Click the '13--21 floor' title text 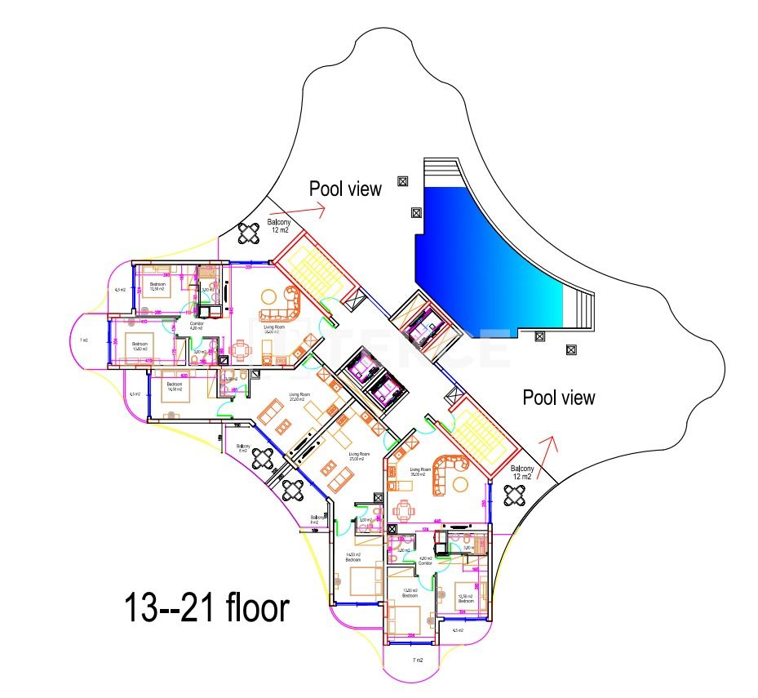click(206, 608)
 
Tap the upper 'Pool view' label click(345, 189)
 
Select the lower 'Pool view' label click(559, 398)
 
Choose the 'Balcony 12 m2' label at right click(522, 473)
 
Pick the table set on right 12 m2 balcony click(516, 495)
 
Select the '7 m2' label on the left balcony click(84, 340)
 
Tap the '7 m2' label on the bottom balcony click(418, 659)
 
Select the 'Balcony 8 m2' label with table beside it click(243, 448)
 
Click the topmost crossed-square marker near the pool click(401, 181)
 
